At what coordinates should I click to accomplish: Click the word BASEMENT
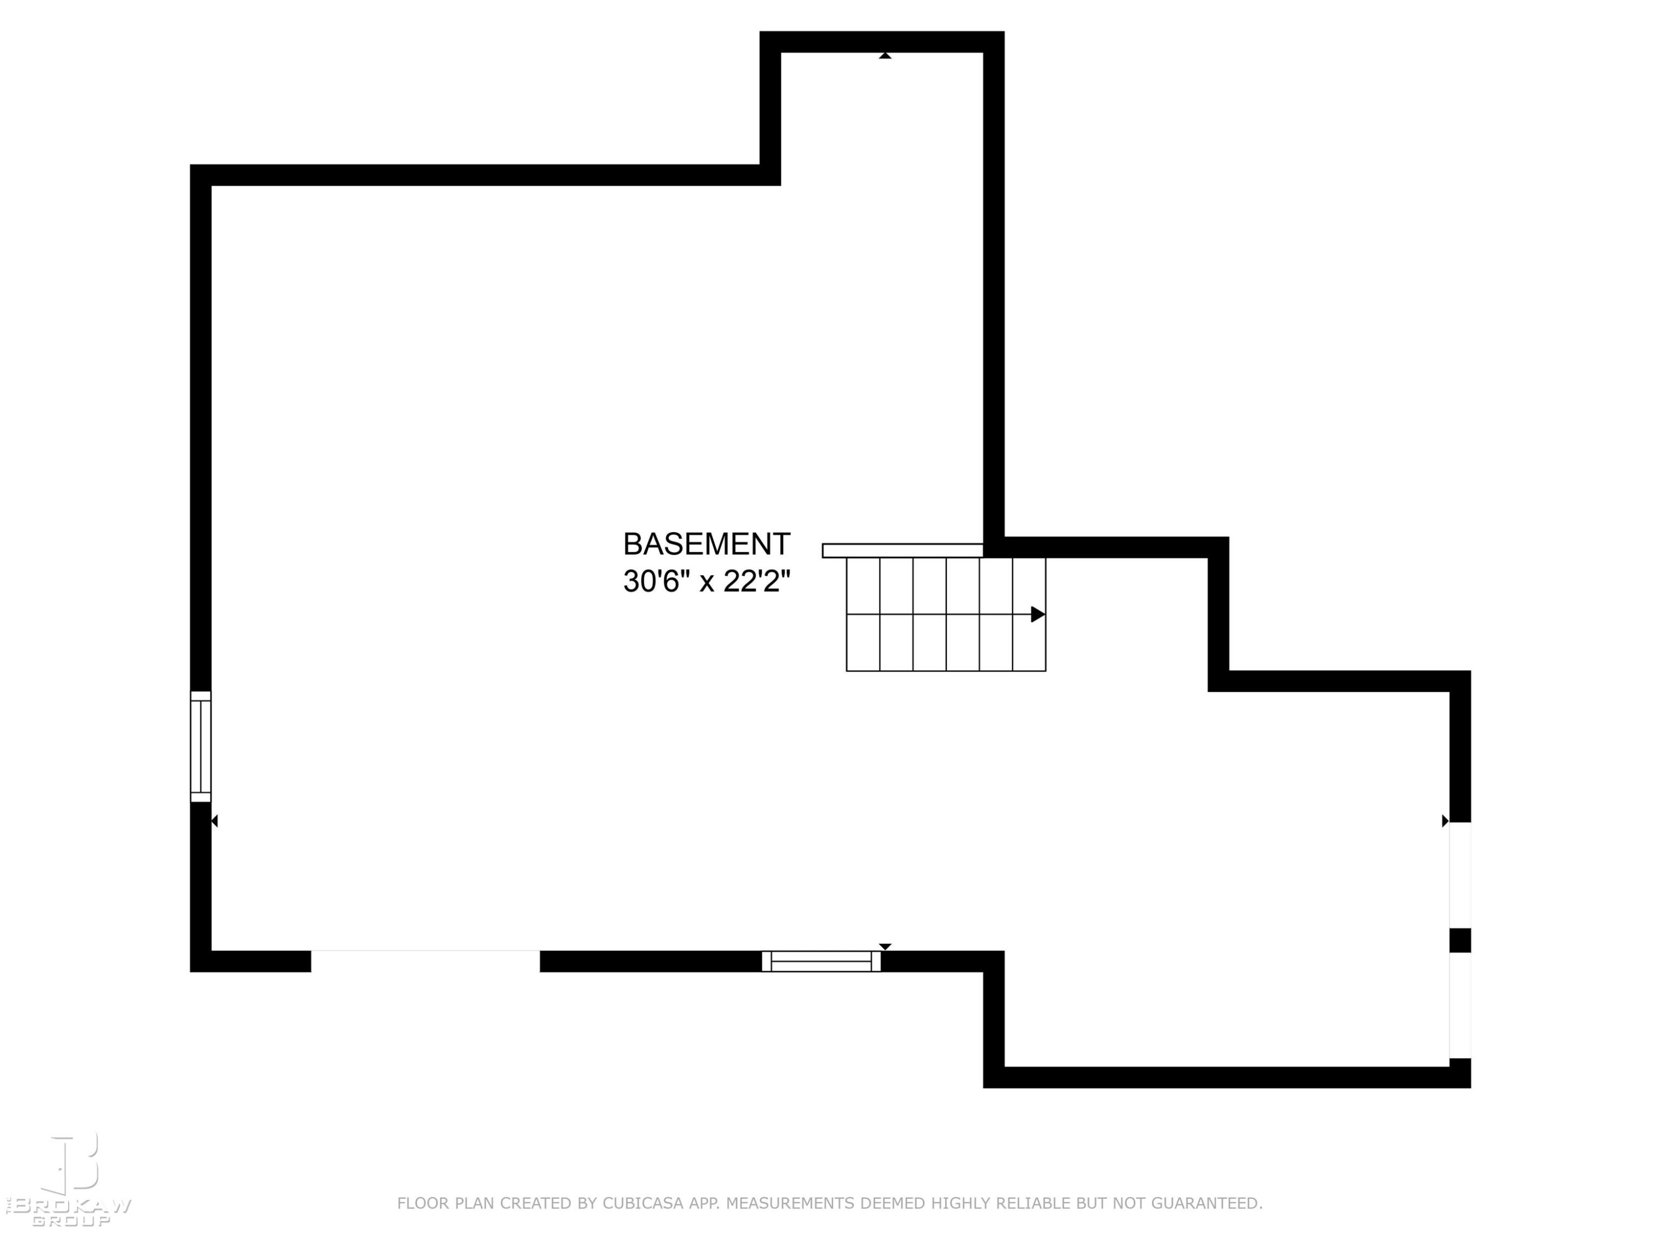706,544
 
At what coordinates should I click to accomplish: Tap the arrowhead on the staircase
1038,614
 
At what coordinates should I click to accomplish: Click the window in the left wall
200,746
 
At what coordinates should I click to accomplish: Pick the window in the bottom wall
822,961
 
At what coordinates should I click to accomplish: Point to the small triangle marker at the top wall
885,55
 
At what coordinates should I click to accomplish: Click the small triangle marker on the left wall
215,821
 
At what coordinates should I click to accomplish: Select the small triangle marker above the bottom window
885,946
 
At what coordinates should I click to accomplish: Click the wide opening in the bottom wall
426,961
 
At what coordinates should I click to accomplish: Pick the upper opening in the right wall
1460,876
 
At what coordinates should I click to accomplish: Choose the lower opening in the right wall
1460,1006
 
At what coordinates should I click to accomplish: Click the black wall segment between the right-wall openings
1460,941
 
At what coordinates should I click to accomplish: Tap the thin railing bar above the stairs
902,550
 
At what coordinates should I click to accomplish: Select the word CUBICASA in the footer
643,1203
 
